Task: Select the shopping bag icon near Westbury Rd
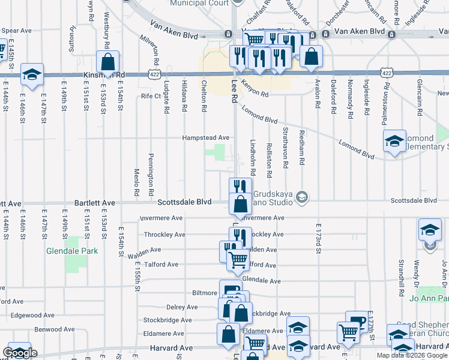(107, 61)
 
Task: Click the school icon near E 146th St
(32, 74)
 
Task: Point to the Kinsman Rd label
(105, 75)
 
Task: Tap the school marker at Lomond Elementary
(394, 142)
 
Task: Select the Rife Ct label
(151, 96)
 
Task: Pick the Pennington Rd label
(151, 169)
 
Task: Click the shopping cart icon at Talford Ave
(238, 260)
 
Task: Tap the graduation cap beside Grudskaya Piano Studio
(303, 197)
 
